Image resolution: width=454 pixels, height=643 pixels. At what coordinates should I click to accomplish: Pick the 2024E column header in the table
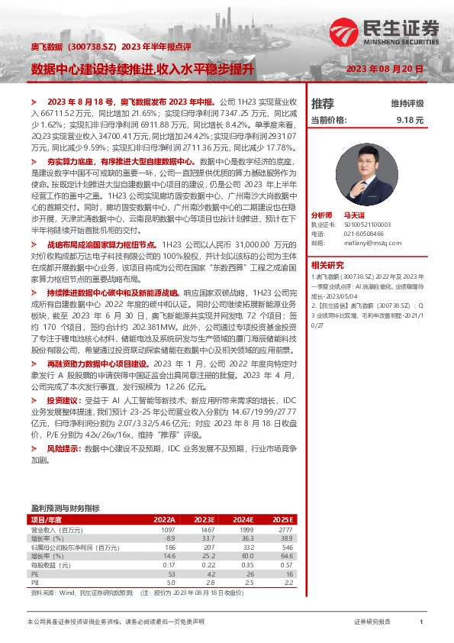242,519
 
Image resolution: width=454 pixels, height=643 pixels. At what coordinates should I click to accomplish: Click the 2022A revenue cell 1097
167,529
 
